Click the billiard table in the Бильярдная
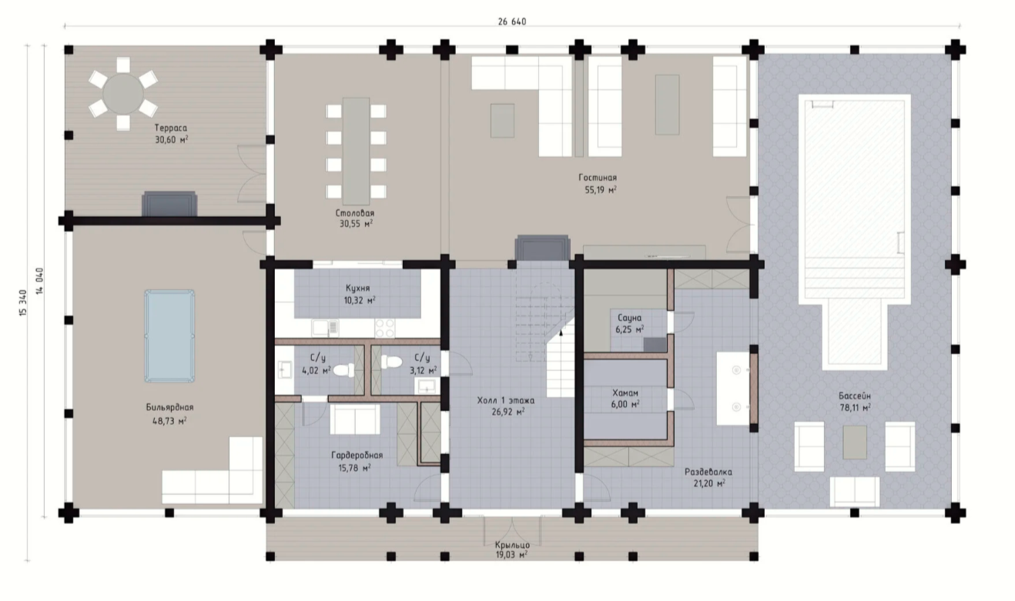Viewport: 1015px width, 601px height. tap(169, 336)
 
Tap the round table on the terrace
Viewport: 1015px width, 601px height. tap(122, 94)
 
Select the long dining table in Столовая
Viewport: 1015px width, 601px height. tap(356, 152)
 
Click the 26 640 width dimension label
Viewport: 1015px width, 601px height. tap(512, 22)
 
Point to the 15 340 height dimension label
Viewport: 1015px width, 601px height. tap(23, 302)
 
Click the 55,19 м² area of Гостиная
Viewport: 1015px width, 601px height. tap(601, 190)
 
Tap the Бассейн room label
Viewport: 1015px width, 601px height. tap(855, 396)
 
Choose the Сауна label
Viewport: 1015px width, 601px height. tap(629, 318)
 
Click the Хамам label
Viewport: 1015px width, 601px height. tap(625, 392)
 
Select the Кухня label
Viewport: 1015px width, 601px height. tap(357, 288)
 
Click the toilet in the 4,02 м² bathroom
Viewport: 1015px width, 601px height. tap(344, 370)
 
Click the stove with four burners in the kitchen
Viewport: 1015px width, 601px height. tap(385, 328)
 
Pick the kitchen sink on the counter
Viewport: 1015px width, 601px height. tap(325, 328)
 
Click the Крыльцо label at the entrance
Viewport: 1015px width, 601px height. tap(512, 544)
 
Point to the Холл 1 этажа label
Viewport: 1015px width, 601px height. tap(506, 400)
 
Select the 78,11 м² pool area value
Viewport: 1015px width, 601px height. tap(855, 408)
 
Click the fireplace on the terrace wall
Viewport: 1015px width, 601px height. tap(169, 204)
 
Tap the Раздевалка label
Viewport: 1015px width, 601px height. tap(708, 472)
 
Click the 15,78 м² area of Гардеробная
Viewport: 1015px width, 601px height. tap(355, 468)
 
